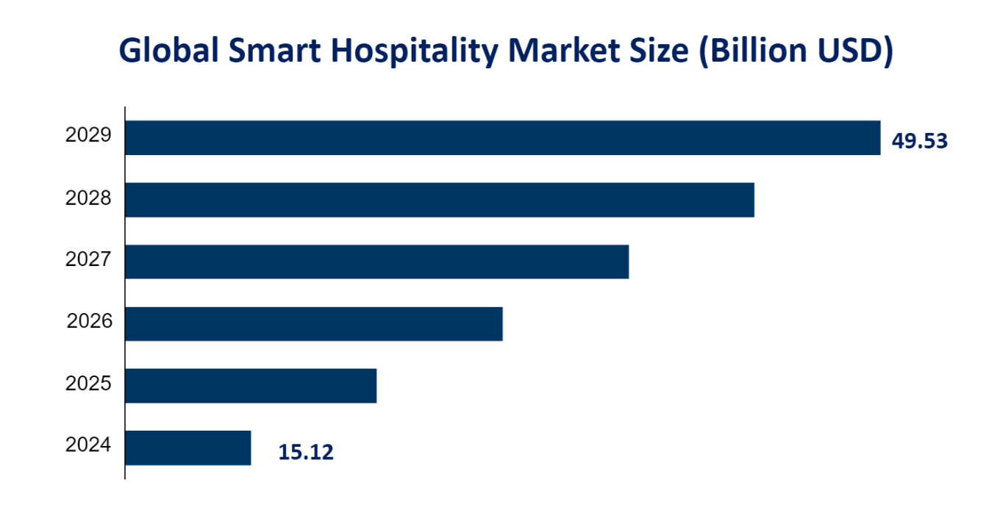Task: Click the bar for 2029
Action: click(502, 137)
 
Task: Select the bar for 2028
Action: click(440, 199)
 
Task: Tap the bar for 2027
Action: click(376, 261)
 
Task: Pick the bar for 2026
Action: click(313, 323)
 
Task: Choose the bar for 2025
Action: click(251, 385)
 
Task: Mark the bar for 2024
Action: click(187, 448)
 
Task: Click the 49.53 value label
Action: click(919, 141)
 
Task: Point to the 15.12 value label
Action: click(306, 452)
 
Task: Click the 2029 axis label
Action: click(88, 135)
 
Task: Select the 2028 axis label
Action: click(88, 198)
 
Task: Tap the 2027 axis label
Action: click(88, 259)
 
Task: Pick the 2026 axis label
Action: click(89, 321)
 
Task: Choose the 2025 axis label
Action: click(88, 384)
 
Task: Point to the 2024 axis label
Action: click(88, 445)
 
